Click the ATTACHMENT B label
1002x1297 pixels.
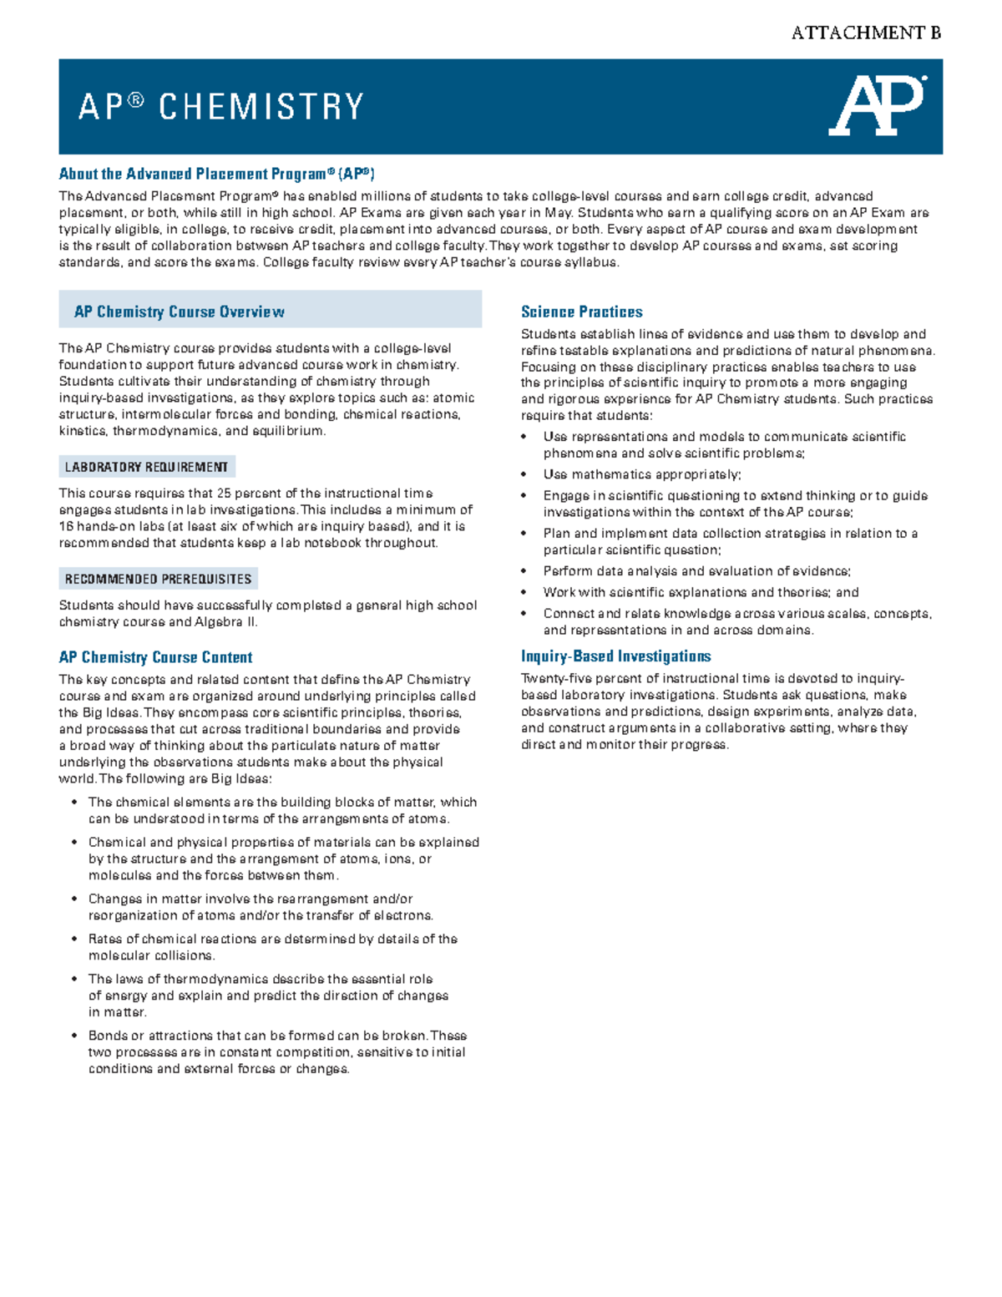pyautogui.click(x=866, y=33)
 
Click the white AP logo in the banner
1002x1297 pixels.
pyautogui.click(x=876, y=106)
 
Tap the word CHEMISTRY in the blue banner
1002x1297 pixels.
pyautogui.click(x=261, y=107)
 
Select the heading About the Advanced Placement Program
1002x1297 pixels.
pyautogui.click(x=216, y=174)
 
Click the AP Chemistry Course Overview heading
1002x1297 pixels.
pyautogui.click(x=179, y=312)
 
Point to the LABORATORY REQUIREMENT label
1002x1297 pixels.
pyautogui.click(x=146, y=467)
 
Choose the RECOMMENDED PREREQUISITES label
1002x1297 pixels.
pyautogui.click(x=158, y=579)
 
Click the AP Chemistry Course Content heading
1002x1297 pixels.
pyautogui.click(x=155, y=657)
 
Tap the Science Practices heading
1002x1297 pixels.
pyautogui.click(x=581, y=312)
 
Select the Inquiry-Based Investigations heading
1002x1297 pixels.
pyautogui.click(x=615, y=656)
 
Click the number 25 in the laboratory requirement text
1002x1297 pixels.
pyautogui.click(x=224, y=494)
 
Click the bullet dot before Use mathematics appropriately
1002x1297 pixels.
pyautogui.click(x=524, y=474)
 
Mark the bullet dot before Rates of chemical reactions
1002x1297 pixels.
pyautogui.click(x=75, y=940)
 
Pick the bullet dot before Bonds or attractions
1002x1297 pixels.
pyautogui.click(x=75, y=1036)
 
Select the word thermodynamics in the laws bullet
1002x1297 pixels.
pyautogui.click(x=208, y=979)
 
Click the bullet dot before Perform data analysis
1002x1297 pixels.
pyautogui.click(x=524, y=571)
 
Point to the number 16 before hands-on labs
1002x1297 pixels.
pyautogui.click(x=67, y=527)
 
